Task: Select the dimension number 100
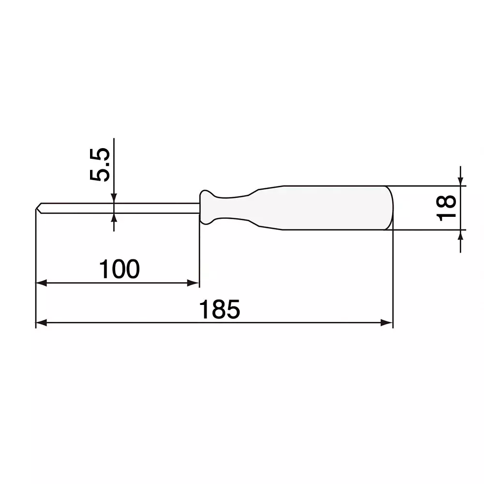coord(119,269)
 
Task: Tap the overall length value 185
coord(220,310)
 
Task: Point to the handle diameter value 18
coord(448,208)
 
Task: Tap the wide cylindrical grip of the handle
coord(334,208)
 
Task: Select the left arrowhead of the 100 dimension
coord(41,283)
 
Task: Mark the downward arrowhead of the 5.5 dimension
coord(114,198)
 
